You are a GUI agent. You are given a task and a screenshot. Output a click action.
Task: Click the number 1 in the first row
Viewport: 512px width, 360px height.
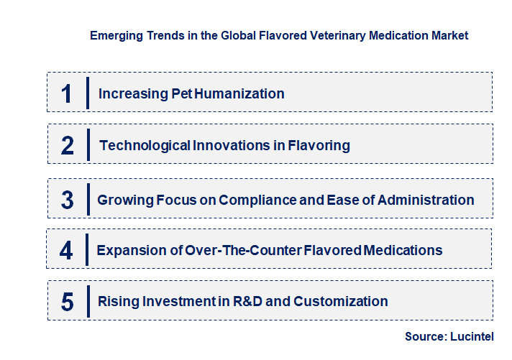tap(67, 93)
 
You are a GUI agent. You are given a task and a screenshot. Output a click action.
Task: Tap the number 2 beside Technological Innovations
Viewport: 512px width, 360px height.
tap(68, 145)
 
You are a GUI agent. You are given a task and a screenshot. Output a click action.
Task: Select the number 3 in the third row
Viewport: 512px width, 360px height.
tap(67, 200)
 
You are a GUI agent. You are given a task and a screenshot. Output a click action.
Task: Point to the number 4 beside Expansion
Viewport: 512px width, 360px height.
tap(66, 250)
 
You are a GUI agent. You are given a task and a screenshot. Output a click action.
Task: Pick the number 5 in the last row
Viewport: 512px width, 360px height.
tap(67, 302)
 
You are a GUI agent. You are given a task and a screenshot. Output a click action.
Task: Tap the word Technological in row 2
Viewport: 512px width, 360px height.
tap(145, 145)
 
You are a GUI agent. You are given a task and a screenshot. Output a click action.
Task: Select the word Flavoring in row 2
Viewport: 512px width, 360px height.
tap(319, 145)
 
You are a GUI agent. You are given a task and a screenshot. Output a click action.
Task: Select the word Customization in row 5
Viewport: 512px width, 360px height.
tap(342, 302)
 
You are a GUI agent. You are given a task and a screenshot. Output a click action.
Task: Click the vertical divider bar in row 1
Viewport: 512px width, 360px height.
tap(88, 93)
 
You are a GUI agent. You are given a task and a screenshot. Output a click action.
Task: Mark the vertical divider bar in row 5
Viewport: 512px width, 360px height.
tap(88, 301)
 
